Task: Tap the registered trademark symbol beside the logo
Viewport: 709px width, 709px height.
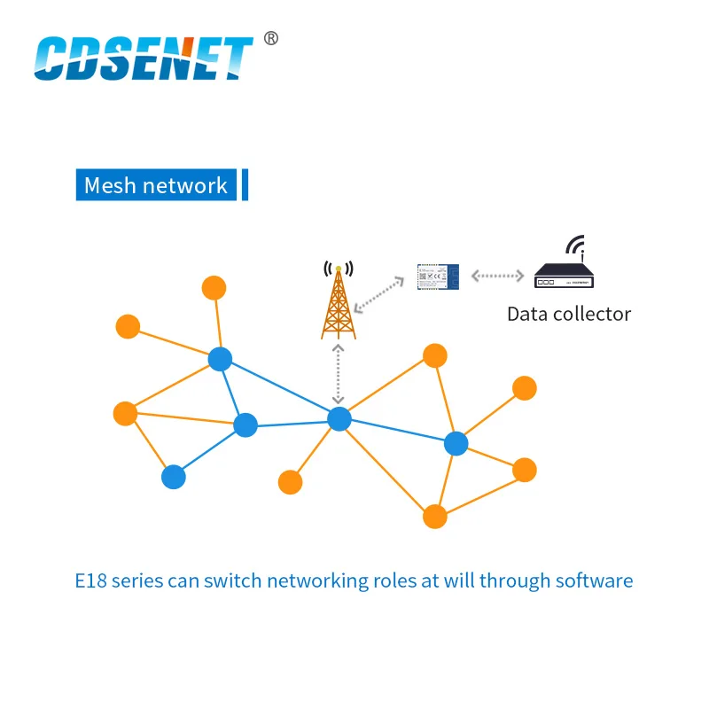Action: [x=271, y=38]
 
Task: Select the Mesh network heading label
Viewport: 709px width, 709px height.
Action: [x=156, y=185]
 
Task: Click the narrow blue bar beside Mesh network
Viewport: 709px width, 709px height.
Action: [x=245, y=184]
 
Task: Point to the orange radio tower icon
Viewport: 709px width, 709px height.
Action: [x=338, y=301]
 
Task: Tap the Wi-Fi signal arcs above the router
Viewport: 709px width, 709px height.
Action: [x=576, y=245]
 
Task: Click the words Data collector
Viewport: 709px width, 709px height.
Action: [x=569, y=314]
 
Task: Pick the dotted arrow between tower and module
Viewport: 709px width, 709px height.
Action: [x=379, y=293]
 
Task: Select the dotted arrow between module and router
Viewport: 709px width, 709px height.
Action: [x=499, y=276]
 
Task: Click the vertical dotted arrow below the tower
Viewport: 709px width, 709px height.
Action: [x=338, y=374]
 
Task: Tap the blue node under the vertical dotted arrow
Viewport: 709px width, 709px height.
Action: [x=339, y=419]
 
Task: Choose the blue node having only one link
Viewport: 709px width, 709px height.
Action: [x=174, y=477]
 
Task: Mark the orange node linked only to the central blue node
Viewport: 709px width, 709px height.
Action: [x=290, y=482]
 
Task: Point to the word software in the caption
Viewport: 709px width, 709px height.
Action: [x=594, y=581]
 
